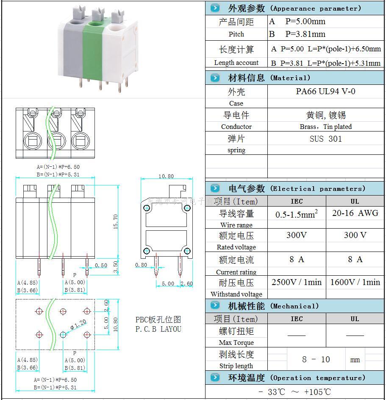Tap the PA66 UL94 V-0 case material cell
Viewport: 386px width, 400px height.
325,91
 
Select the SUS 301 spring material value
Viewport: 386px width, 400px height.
325,139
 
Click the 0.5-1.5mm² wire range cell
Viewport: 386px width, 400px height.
297,214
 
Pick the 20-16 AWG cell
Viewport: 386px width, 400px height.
355,213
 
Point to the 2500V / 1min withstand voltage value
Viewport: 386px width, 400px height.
297,282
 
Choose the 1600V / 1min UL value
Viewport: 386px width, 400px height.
355,282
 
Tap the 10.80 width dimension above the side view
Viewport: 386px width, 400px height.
166,176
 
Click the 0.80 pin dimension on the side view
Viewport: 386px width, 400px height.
141,265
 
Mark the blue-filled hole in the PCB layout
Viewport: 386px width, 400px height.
63,335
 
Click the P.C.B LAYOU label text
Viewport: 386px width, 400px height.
158,329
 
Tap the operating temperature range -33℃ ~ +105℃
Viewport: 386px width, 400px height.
294,392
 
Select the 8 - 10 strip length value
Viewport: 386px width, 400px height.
316,360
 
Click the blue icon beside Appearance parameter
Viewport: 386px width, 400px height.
215,8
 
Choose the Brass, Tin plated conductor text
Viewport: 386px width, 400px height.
325,126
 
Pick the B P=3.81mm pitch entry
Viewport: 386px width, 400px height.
297,34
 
